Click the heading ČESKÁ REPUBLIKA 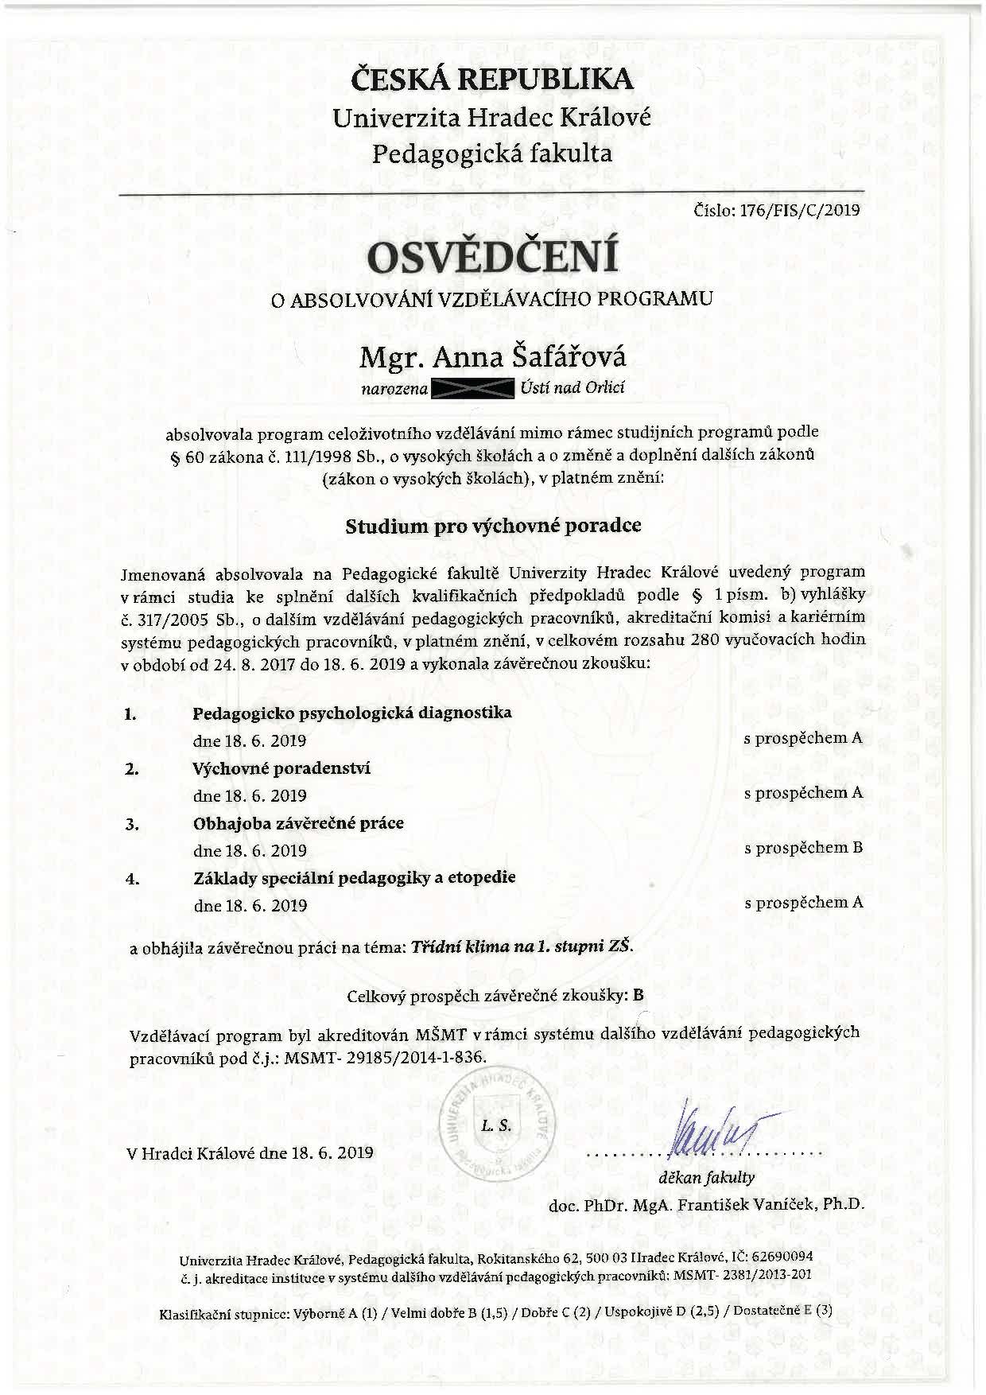492,80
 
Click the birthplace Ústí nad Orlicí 573,388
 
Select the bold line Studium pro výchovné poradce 492,526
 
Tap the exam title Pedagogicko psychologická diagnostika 352,712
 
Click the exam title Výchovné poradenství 281,768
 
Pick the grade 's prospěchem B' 803,848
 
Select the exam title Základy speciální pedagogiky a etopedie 355,877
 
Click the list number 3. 132,824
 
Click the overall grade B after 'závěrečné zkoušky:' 639,995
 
